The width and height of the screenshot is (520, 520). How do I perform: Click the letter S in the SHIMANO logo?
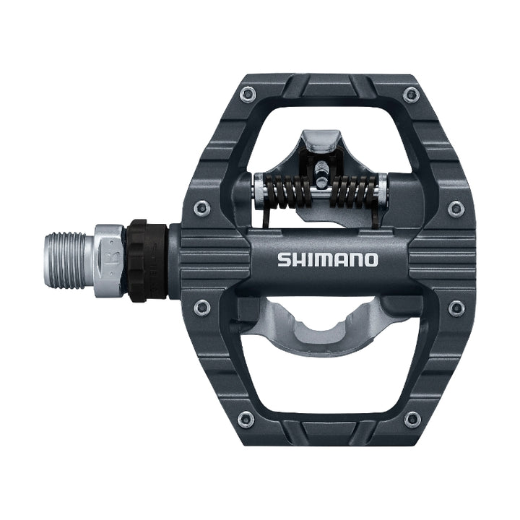(x=283, y=260)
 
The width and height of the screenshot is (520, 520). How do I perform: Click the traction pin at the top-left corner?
(x=248, y=92)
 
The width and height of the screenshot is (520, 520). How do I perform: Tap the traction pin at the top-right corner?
(x=412, y=93)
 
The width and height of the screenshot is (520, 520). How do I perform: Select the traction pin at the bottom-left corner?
(x=246, y=419)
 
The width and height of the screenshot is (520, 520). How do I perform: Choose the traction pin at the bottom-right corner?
(x=412, y=419)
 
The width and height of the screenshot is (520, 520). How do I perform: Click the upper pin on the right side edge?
(x=456, y=208)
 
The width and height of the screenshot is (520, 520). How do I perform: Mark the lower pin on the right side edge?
(x=456, y=308)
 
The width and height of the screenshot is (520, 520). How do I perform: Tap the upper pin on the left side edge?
(x=202, y=208)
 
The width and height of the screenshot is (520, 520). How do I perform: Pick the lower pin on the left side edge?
(x=203, y=308)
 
